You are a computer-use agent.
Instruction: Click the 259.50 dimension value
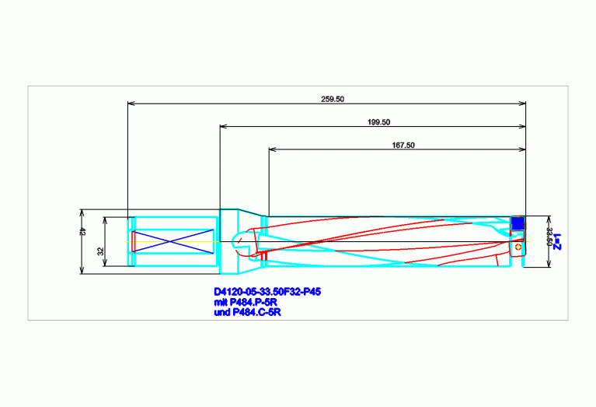tap(333, 99)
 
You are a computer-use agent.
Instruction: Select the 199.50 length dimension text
tap(378, 122)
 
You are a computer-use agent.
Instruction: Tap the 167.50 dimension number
tap(403, 145)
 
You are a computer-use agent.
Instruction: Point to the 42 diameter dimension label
tap(83, 231)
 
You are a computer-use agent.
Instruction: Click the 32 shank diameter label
tap(101, 251)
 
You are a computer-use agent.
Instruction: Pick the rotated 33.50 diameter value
tap(549, 237)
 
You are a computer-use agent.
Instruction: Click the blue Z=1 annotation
tap(558, 242)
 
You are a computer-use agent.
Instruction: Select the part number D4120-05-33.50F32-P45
tap(267, 292)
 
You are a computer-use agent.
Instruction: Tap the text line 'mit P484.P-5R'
tap(246, 302)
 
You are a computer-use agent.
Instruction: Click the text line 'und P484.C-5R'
tap(247, 312)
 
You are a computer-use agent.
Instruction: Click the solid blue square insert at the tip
tap(518, 223)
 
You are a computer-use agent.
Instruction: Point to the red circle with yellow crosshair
tap(518, 247)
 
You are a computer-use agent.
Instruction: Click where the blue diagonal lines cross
tap(171, 241)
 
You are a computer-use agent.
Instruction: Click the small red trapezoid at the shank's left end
tap(134, 241)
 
